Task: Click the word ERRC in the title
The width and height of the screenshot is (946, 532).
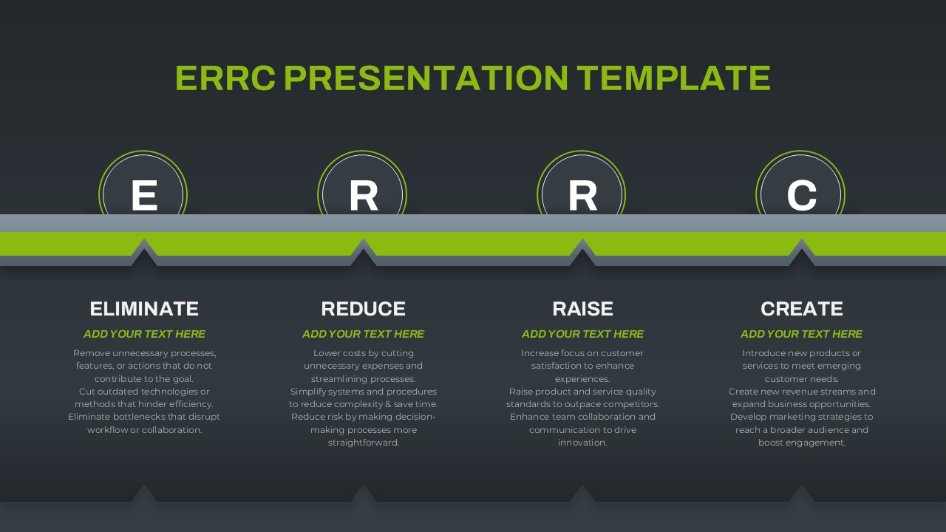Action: click(x=225, y=78)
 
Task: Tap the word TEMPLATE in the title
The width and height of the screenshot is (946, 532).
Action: click(x=673, y=78)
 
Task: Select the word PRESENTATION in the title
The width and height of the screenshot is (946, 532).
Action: click(x=426, y=78)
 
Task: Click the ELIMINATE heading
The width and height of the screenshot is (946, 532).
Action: click(x=144, y=309)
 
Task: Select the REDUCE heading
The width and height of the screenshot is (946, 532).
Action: click(x=363, y=309)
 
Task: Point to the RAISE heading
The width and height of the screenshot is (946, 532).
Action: click(x=582, y=309)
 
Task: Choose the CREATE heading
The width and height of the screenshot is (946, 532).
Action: click(x=802, y=309)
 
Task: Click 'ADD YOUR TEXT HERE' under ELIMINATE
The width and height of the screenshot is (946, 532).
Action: click(x=144, y=334)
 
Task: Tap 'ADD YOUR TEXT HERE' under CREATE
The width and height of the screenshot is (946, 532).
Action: click(x=802, y=334)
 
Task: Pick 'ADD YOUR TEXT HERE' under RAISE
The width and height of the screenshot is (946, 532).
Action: click(x=583, y=334)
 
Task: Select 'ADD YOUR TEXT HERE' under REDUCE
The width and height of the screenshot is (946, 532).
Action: click(x=363, y=334)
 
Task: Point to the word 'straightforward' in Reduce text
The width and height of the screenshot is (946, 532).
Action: click(x=363, y=443)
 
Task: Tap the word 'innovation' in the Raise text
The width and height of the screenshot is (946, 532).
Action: click(x=582, y=443)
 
